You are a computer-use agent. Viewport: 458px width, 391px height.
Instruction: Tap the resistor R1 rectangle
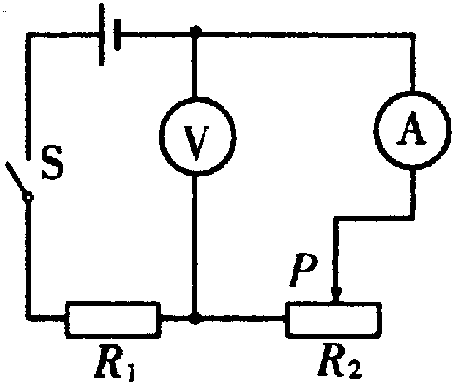(113, 303)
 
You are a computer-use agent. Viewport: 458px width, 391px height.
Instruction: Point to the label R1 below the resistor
(115, 363)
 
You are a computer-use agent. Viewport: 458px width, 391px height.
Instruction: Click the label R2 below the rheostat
(339, 361)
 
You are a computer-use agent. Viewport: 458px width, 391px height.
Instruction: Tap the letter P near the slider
(303, 270)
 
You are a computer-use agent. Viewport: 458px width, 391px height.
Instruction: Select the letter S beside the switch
(52, 162)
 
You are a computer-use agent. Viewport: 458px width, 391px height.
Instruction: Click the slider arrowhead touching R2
(337, 294)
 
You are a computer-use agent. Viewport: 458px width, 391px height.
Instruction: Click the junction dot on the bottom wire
(195, 318)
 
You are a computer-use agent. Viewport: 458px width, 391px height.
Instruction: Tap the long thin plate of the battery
(101, 34)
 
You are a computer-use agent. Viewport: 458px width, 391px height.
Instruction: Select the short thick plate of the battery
(117, 34)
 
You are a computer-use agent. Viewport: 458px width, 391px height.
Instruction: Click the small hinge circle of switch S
(28, 198)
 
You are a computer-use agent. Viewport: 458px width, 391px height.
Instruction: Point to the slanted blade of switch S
(16, 178)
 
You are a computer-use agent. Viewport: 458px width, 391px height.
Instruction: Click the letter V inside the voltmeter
(196, 143)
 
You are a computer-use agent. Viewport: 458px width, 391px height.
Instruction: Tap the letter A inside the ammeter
(411, 128)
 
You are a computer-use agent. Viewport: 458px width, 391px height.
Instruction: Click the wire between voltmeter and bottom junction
(195, 245)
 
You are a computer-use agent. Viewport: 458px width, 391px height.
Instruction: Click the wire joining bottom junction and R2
(244, 318)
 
